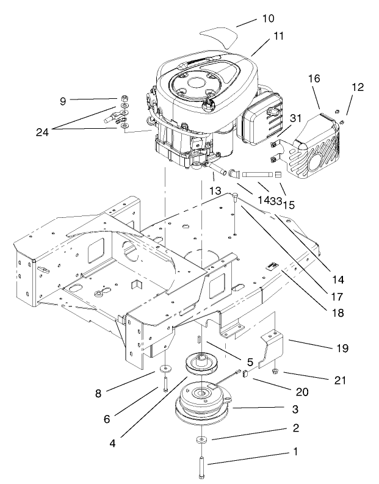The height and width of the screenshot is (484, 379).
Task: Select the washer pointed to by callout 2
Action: click(x=200, y=440)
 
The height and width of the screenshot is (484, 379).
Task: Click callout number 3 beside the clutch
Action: click(x=294, y=408)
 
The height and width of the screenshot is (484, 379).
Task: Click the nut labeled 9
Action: click(x=125, y=98)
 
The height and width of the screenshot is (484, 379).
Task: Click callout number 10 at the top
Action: click(x=269, y=19)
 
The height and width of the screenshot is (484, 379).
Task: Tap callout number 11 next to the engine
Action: click(x=279, y=37)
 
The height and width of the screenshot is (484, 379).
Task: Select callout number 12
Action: click(x=357, y=87)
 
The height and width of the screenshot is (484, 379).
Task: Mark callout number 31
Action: click(x=295, y=118)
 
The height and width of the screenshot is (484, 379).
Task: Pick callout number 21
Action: click(x=340, y=380)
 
